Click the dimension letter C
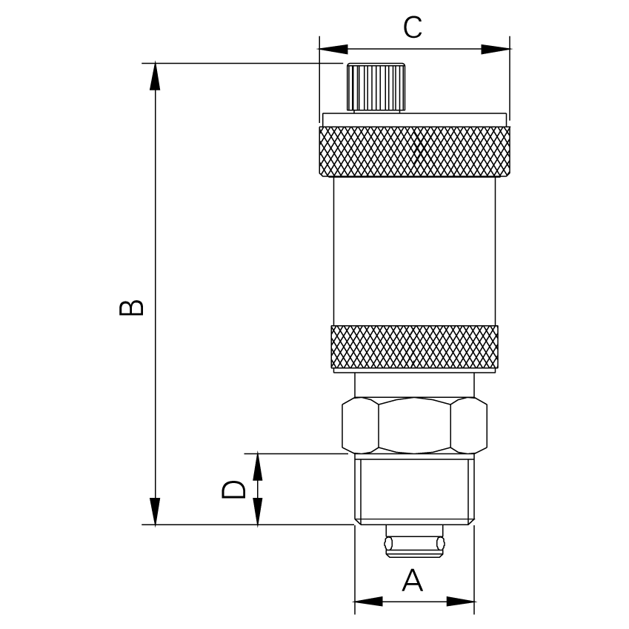[413, 27]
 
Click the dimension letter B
[131, 307]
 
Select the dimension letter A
[413, 580]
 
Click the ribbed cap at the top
[376, 87]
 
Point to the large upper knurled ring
[414, 151]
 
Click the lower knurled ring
[414, 347]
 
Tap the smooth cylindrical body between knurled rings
[414, 251]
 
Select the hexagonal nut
[414, 425]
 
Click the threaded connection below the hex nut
[414, 490]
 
